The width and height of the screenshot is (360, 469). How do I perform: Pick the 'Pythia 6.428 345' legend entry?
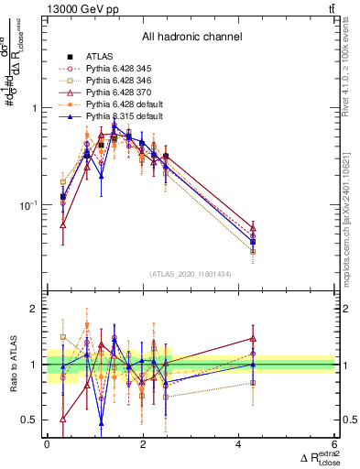(x=118, y=69)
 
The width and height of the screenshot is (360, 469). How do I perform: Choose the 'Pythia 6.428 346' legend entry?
(x=118, y=81)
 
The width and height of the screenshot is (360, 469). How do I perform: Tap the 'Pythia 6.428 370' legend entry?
(x=118, y=93)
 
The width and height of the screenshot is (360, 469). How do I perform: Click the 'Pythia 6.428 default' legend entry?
(x=125, y=104)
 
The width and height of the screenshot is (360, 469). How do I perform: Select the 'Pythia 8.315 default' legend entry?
(x=125, y=116)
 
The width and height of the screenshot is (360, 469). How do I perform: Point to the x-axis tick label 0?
(x=47, y=445)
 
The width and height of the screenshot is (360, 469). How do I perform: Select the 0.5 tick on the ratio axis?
(x=29, y=420)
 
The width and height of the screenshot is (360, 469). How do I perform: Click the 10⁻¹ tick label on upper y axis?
(x=27, y=205)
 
